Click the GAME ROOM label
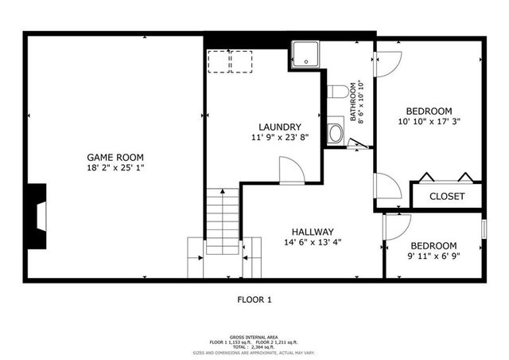tap(115, 156)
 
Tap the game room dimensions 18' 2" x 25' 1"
tap(115, 167)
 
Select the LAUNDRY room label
tap(280, 127)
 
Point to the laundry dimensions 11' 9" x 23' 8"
tap(280, 138)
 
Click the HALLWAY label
tap(312, 232)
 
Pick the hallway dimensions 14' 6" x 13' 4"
tap(312, 243)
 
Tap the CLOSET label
tap(447, 196)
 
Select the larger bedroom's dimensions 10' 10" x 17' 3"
tap(429, 122)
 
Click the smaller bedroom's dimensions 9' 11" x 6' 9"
tap(433, 256)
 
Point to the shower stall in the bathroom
tap(305, 54)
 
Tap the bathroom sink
tap(335, 131)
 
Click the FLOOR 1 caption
tap(254, 300)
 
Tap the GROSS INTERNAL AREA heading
tap(254, 336)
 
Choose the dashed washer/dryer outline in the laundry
tap(230, 61)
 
